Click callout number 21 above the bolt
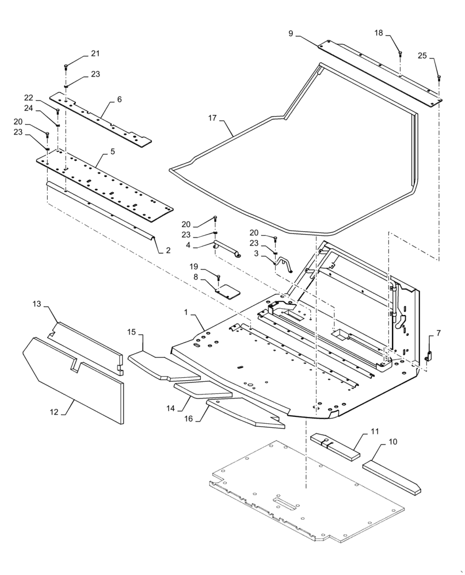[95, 53]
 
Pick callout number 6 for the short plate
[119, 99]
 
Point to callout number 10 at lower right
[392, 442]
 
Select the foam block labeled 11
[335, 447]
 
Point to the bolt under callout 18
[401, 55]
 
